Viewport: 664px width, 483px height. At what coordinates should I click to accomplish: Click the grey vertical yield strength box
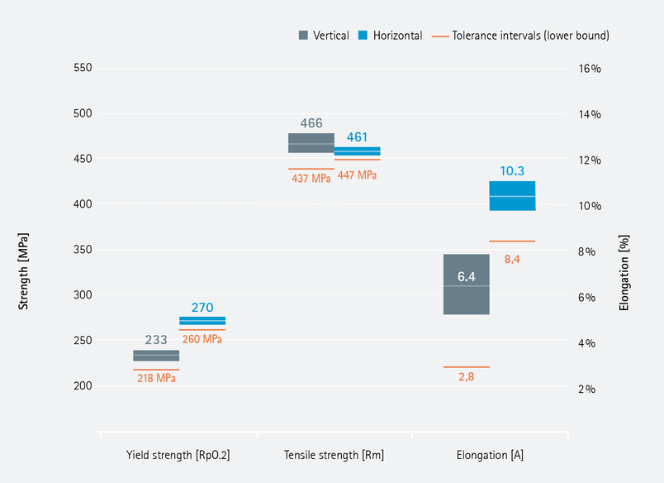point(156,356)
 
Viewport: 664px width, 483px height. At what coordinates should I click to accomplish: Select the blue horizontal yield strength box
point(202,321)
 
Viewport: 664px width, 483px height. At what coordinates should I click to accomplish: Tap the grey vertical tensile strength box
point(311,142)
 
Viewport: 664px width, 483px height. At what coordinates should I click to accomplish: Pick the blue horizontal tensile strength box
point(357,151)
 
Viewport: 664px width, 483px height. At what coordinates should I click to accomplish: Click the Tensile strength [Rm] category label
point(334,455)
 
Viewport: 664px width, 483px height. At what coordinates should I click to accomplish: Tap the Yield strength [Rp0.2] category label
point(178,455)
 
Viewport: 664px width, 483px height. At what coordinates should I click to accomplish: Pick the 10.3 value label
point(512,171)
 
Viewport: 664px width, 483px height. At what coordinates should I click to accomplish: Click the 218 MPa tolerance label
point(156,378)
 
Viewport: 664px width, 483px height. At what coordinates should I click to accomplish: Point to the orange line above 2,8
point(467,366)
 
